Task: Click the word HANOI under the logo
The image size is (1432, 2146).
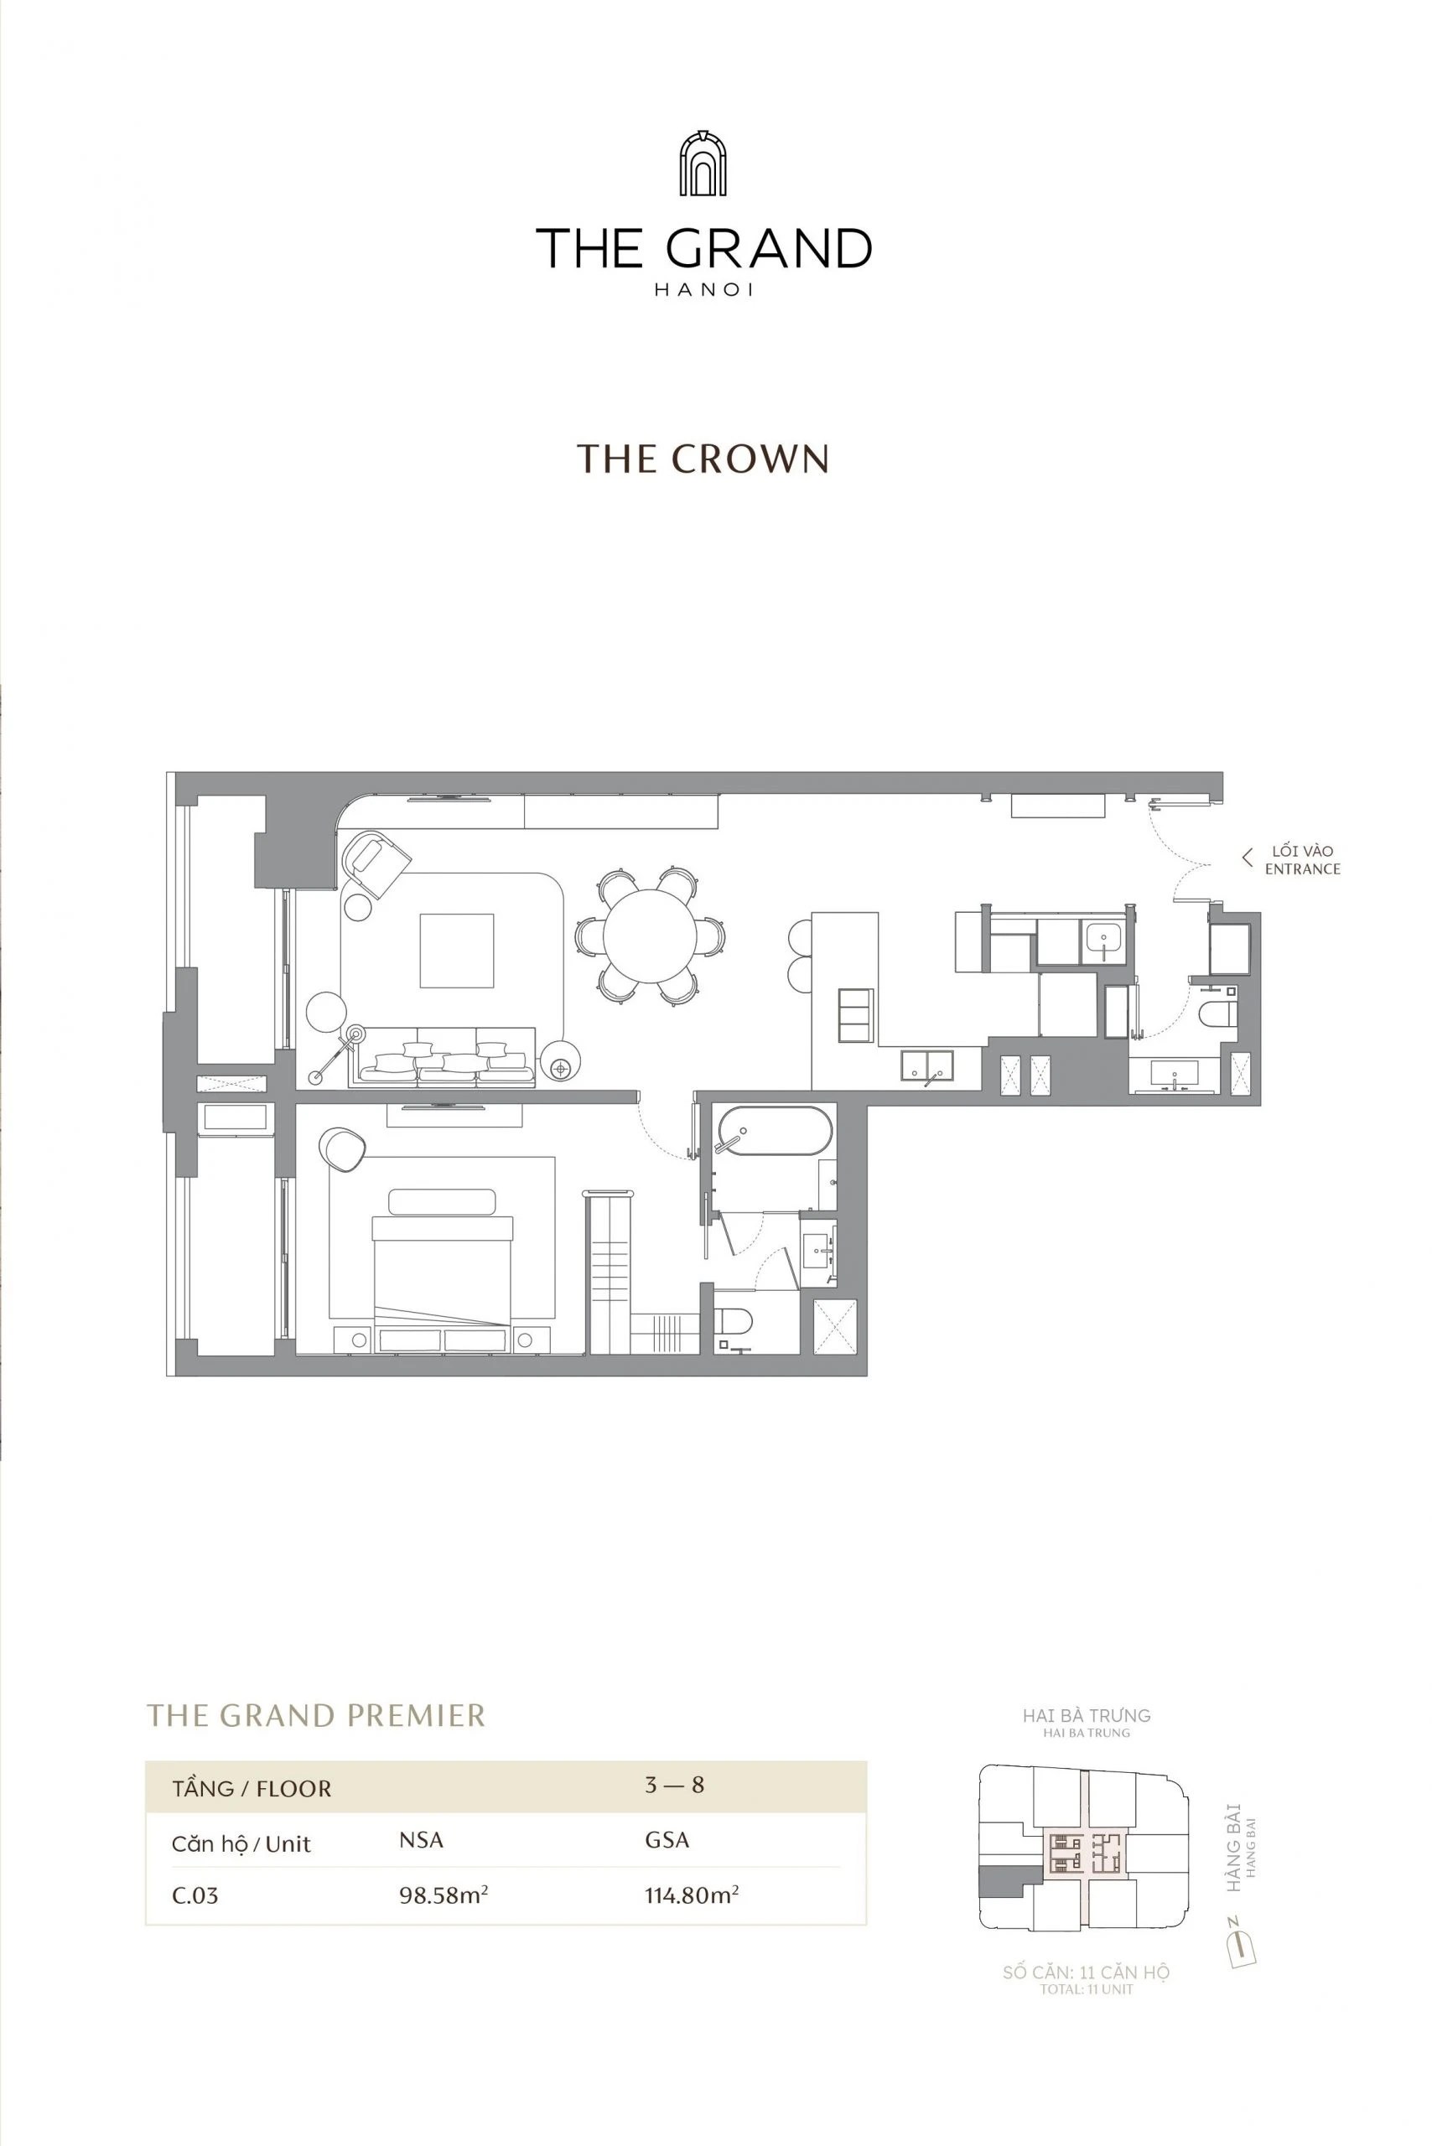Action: [703, 290]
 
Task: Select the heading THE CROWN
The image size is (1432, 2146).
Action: [703, 459]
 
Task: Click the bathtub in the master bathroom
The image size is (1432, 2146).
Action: [775, 1131]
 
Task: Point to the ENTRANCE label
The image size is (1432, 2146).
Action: [1302, 868]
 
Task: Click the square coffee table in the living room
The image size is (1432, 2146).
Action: [457, 951]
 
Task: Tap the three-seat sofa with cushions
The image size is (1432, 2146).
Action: [447, 1059]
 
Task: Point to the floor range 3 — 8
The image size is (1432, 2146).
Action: [674, 1785]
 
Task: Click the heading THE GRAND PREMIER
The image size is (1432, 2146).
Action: [316, 1716]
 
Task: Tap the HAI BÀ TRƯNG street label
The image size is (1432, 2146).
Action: [1086, 1716]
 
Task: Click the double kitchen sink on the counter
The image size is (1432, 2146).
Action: [926, 1065]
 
